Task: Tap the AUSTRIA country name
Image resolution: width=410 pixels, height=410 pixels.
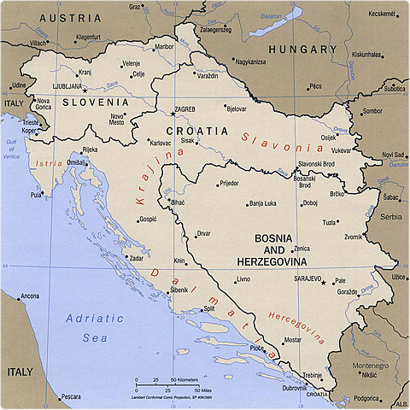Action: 69,18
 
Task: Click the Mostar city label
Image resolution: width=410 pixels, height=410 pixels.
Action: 292,340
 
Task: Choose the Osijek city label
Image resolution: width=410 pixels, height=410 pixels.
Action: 328,137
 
